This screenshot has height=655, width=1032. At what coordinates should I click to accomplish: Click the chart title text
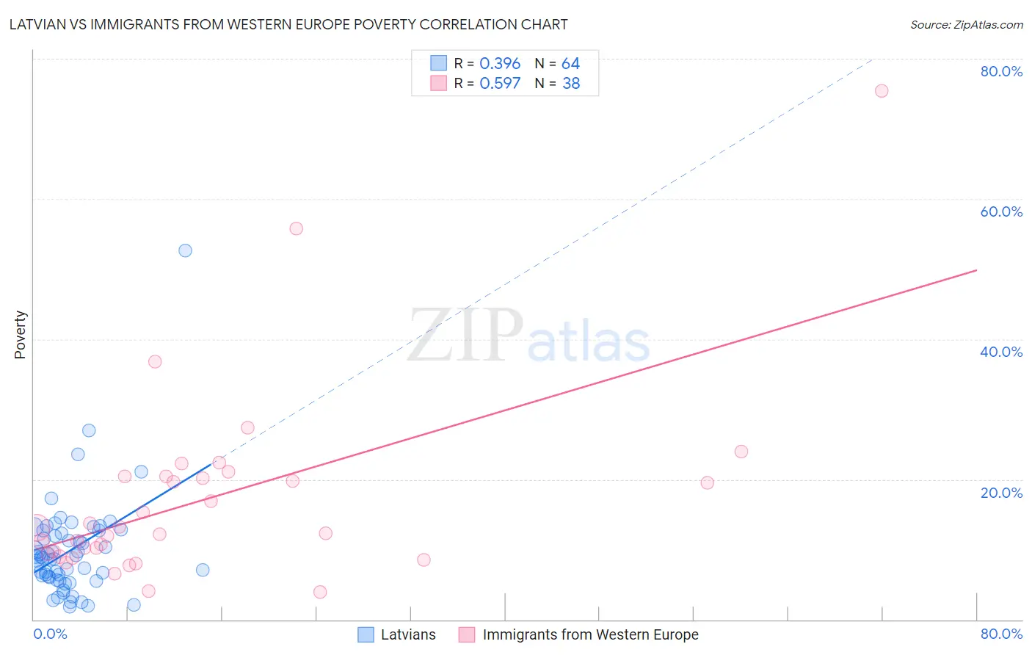click(288, 24)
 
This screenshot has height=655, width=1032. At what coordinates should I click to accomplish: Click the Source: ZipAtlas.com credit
click(966, 24)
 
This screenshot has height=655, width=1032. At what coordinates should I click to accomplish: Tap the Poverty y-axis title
click(20, 335)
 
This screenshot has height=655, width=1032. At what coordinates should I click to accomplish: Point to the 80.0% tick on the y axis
click(1001, 71)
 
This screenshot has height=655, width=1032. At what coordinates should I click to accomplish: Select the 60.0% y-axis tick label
click(1001, 211)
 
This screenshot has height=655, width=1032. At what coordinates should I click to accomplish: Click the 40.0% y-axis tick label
click(1001, 352)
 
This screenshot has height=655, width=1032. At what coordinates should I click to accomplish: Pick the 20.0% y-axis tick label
click(1001, 493)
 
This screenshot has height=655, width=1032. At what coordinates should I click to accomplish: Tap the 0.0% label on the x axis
click(50, 634)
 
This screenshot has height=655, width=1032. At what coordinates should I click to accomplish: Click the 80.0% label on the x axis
click(1001, 634)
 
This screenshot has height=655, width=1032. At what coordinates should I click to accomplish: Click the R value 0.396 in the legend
click(500, 64)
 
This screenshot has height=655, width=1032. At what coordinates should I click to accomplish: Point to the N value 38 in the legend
click(571, 84)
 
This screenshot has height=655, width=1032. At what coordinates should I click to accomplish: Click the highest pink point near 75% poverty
click(882, 91)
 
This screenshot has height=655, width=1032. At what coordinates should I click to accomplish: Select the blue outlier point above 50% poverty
click(185, 250)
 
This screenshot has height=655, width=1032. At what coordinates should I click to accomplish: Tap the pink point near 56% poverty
click(296, 228)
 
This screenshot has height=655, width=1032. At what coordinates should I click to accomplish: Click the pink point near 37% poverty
click(155, 361)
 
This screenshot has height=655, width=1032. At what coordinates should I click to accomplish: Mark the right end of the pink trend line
click(976, 270)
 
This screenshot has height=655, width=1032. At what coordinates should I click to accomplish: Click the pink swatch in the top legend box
click(438, 83)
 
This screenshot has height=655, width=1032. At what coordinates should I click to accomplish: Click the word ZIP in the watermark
click(465, 336)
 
